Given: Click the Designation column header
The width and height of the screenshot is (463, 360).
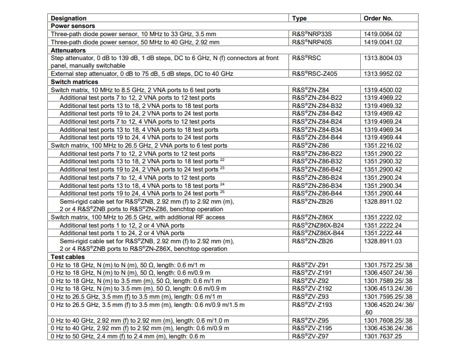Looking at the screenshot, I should click(68, 19).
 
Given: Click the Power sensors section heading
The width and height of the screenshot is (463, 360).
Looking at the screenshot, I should click(73, 26).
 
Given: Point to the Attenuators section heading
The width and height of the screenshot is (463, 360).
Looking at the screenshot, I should click(69, 50).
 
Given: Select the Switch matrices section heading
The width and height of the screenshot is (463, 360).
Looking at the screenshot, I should click(74, 82).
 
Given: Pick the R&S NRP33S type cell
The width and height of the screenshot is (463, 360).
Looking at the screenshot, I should click(313, 34).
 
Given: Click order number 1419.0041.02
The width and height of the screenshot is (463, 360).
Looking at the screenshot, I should click(383, 43).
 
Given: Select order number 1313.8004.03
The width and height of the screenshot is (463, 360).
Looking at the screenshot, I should click(383, 58).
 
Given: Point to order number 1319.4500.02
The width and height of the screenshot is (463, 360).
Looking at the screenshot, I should click(383, 90).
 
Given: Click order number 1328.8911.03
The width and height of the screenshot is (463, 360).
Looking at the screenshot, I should click(383, 241).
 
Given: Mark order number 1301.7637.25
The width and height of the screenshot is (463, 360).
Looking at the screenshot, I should click(383, 337).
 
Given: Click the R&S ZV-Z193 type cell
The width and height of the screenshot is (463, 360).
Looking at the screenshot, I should click(311, 305).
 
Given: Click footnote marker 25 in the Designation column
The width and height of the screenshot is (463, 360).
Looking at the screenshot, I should click(222, 191).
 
